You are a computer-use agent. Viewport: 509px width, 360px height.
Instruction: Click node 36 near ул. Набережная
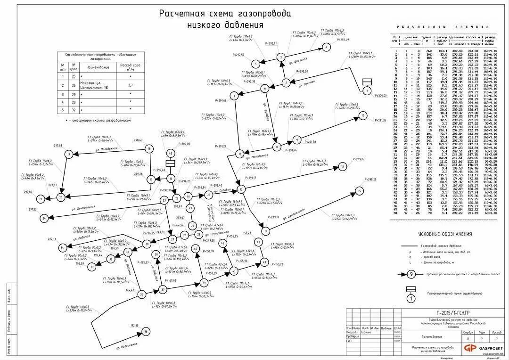[146, 332]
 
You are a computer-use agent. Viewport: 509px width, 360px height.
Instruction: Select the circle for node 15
[360, 191]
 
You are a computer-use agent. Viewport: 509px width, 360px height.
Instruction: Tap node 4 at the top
[325, 47]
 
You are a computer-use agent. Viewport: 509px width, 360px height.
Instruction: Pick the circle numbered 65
[171, 154]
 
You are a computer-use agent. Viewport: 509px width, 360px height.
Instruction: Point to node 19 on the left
[69, 154]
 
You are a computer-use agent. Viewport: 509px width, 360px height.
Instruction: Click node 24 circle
[44, 218]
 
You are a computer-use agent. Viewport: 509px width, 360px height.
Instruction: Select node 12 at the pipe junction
[241, 189]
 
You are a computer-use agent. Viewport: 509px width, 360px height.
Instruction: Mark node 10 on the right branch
[362, 115]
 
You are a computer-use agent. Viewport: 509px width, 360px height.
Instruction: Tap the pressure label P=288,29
[370, 180]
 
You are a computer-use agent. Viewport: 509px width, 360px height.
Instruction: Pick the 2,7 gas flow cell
[129, 86]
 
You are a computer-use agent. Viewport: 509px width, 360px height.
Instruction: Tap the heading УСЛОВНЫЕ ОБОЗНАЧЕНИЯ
[444, 234]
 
